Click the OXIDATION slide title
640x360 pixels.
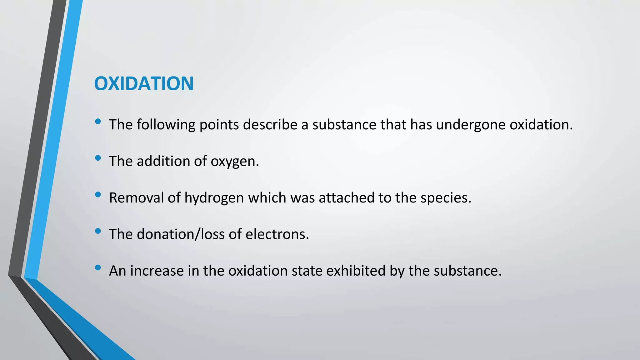144,84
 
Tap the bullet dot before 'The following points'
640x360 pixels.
98,122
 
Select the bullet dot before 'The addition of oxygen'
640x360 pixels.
98,158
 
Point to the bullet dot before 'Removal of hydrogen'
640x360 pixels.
98,195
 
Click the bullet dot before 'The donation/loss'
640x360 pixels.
98,231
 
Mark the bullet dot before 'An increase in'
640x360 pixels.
98,268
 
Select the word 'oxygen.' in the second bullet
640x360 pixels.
235,161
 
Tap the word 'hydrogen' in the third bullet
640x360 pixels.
214,198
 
